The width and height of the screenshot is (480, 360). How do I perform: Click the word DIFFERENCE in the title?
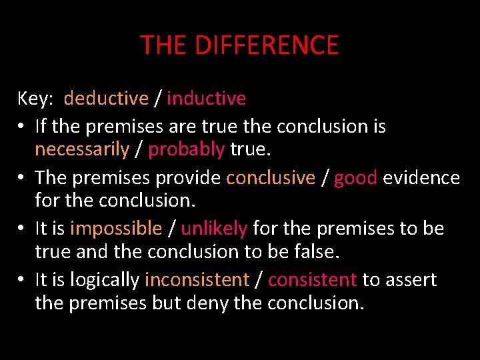point(267,45)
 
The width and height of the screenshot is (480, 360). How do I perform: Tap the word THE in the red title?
point(164,45)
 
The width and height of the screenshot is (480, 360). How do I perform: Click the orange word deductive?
point(106,99)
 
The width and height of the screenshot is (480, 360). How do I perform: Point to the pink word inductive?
point(207,99)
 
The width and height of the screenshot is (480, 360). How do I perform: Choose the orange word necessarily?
point(81,149)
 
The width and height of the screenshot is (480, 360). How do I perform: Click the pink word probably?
point(186,149)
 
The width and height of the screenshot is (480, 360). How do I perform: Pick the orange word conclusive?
point(270,177)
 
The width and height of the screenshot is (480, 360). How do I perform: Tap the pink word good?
point(356,177)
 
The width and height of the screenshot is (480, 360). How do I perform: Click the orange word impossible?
point(116,229)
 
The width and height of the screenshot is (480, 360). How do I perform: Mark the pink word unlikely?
point(214,229)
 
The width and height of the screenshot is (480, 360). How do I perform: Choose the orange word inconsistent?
point(197,280)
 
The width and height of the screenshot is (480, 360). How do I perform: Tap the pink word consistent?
point(313,280)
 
